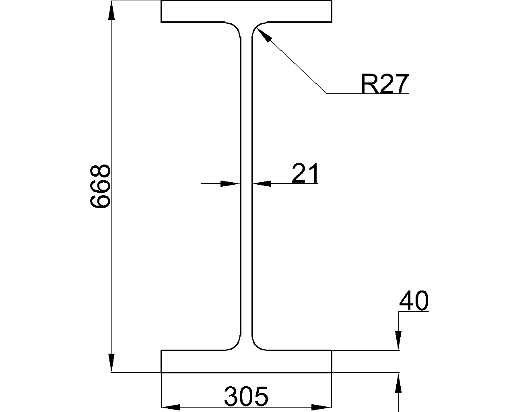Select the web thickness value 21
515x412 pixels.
[305, 173]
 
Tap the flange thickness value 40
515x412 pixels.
[414, 301]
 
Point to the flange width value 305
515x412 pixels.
[246, 396]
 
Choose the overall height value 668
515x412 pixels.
[100, 187]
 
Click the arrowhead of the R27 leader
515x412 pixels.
[264, 35]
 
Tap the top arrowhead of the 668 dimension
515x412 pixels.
[111, 10]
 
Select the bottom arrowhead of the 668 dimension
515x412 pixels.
[111, 363]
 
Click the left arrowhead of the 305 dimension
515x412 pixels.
[171, 407]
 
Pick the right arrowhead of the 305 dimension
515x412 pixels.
[322, 407]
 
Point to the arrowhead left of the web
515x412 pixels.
[230, 183]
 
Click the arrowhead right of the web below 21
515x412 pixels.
[262, 183]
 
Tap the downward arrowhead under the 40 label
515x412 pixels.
[398, 340]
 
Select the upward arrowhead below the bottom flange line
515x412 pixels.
[398, 384]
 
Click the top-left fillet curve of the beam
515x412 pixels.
[233, 30]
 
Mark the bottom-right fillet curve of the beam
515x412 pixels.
[260, 342]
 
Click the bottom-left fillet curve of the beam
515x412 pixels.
[233, 342]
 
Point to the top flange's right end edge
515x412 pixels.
[332, 11]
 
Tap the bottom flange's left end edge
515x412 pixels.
[161, 361]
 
